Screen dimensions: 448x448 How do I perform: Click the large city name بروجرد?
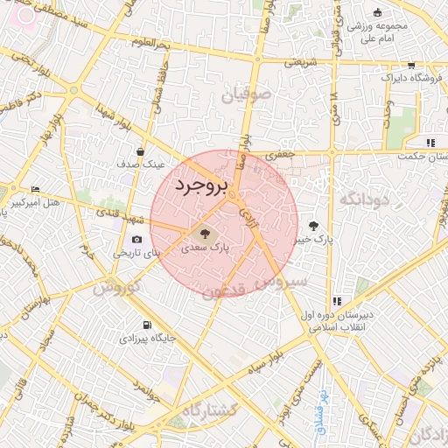point(200,186)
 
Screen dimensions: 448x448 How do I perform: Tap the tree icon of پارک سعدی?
point(205,234)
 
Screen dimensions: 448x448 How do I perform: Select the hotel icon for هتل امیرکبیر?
point(35,190)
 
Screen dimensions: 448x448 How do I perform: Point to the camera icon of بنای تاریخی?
point(136,240)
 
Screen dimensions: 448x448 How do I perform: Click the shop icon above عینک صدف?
point(140,152)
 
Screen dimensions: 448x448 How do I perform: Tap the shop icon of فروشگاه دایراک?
point(411,66)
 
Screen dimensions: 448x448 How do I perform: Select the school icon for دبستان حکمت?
point(429,143)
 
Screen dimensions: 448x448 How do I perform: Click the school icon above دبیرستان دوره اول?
point(337,301)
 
